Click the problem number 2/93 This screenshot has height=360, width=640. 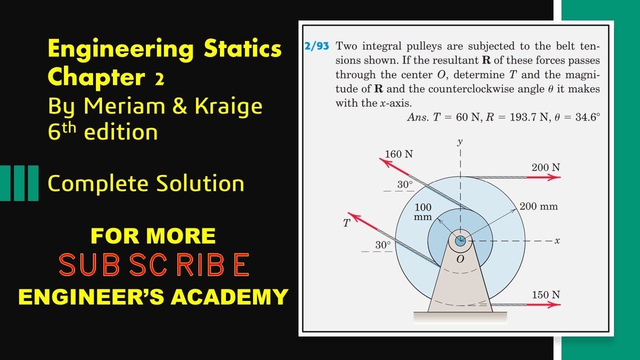[x=316, y=46]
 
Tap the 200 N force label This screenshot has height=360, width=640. [x=545, y=167]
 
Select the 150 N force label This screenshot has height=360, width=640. [x=545, y=295]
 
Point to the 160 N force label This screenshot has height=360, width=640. [x=399, y=154]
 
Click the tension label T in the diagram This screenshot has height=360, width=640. [x=346, y=223]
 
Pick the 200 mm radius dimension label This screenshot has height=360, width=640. [x=538, y=206]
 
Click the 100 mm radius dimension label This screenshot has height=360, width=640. [x=423, y=212]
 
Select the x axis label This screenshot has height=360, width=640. [x=557, y=241]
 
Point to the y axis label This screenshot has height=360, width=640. [x=460, y=142]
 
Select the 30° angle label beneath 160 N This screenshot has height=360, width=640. [x=405, y=185]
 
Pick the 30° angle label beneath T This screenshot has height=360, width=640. [x=383, y=245]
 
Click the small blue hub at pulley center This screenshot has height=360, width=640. [x=460, y=241]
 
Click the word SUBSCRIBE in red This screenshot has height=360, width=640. [x=154, y=264]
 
